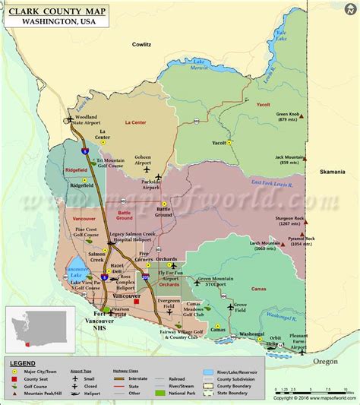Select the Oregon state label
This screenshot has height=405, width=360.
point(327,362)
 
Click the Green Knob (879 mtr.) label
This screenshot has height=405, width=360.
point(289,118)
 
